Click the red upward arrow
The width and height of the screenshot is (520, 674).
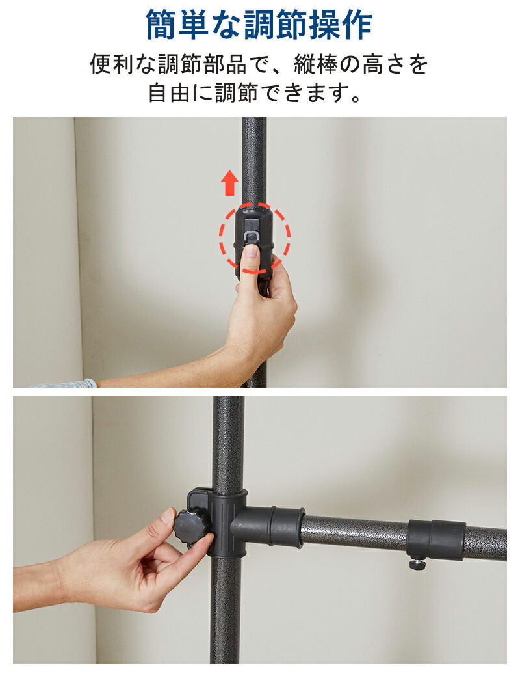(229, 183)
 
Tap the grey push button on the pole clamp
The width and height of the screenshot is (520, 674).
(251, 237)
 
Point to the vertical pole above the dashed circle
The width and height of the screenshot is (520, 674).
(253, 159)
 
